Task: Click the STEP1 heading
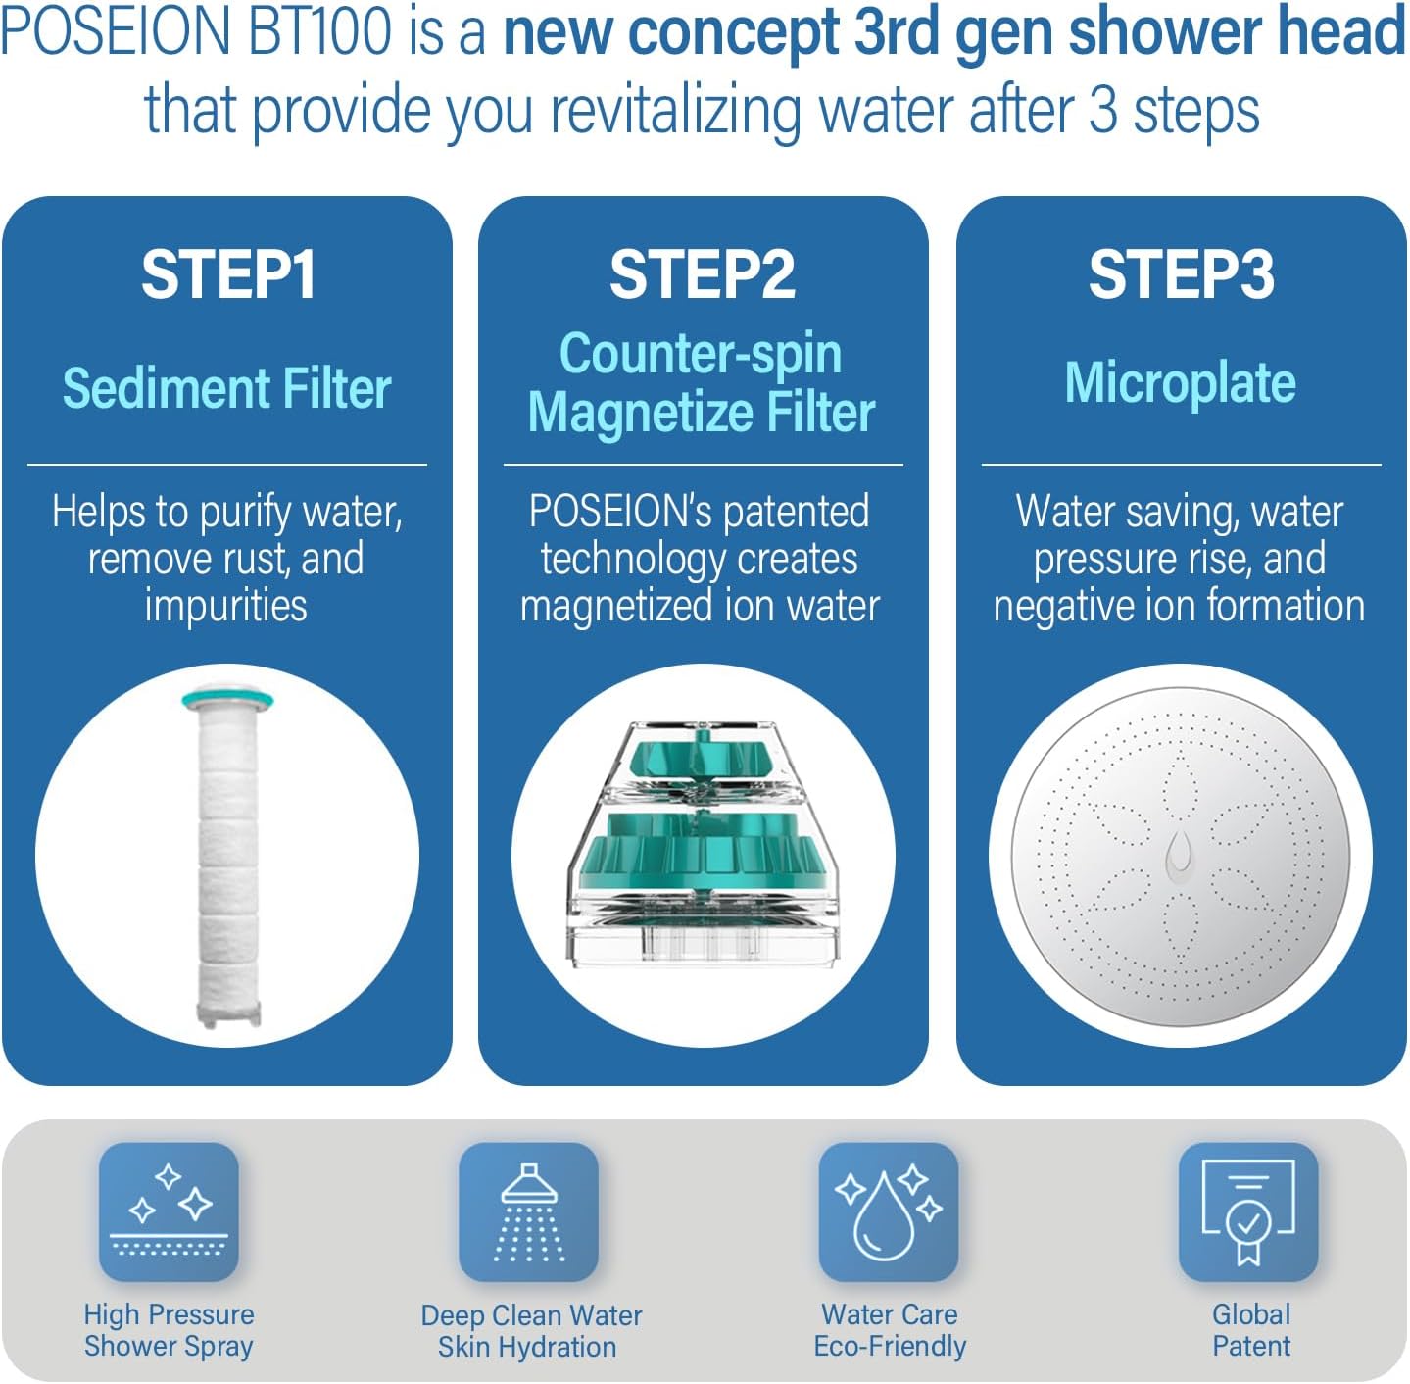228,274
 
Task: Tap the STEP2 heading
703,274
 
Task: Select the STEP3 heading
1181,274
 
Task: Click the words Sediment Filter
226,388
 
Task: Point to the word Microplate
1181,383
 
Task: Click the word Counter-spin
701,355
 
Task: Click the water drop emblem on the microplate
1179,855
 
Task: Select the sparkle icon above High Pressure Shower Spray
170,1211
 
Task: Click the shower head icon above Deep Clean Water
528,1211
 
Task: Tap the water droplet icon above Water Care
889,1211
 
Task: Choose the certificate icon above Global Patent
1248,1211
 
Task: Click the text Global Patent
1251,1330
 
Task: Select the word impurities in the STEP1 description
226,606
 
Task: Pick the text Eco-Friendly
890,1346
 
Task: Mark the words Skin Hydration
527,1347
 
